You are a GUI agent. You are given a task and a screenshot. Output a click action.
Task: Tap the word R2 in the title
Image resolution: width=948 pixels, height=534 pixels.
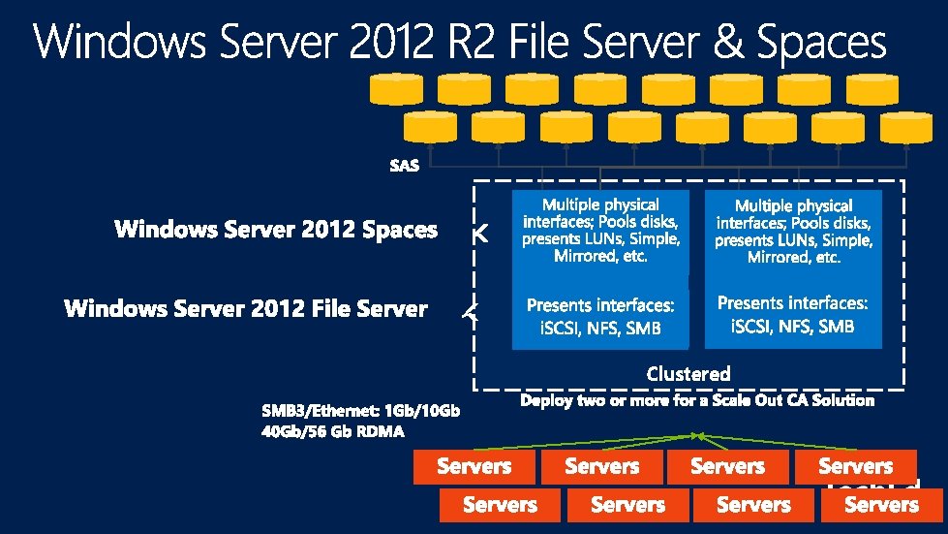(447, 44)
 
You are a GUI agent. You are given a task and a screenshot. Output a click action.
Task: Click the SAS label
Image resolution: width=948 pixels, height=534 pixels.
(404, 166)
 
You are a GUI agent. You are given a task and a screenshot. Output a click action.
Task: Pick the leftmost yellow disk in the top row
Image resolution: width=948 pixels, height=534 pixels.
(396, 90)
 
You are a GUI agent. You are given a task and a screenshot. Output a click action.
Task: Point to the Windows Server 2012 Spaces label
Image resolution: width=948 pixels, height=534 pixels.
(276, 230)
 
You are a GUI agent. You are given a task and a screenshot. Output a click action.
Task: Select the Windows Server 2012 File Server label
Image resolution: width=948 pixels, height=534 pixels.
(246, 309)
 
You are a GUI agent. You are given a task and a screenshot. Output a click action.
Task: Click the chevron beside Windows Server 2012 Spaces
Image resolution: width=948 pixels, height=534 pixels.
(479, 234)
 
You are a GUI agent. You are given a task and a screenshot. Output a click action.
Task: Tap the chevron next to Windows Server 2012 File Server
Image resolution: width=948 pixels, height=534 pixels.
(472, 311)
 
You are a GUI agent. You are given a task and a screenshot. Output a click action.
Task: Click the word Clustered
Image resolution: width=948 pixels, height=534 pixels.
(688, 373)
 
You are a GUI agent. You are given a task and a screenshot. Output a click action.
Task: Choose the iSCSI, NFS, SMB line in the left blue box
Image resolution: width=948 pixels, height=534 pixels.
(600, 329)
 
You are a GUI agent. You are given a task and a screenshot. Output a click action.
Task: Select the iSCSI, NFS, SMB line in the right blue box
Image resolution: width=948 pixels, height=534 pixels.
(792, 327)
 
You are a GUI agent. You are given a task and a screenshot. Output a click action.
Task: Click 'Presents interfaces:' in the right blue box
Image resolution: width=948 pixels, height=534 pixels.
(792, 303)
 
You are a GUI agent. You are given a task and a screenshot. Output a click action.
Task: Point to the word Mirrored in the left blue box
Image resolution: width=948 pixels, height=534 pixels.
(587, 257)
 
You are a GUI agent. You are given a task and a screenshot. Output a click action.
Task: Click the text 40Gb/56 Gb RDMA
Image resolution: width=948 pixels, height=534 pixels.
(332, 431)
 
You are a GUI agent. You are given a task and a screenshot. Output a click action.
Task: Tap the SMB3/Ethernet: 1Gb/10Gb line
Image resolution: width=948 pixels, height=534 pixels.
(360, 411)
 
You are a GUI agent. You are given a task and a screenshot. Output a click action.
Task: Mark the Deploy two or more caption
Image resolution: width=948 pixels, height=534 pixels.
(696, 400)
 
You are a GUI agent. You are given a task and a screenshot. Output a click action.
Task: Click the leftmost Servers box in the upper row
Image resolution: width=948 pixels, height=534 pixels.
(474, 467)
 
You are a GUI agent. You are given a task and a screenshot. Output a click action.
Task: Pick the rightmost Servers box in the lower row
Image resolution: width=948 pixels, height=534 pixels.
(881, 505)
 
